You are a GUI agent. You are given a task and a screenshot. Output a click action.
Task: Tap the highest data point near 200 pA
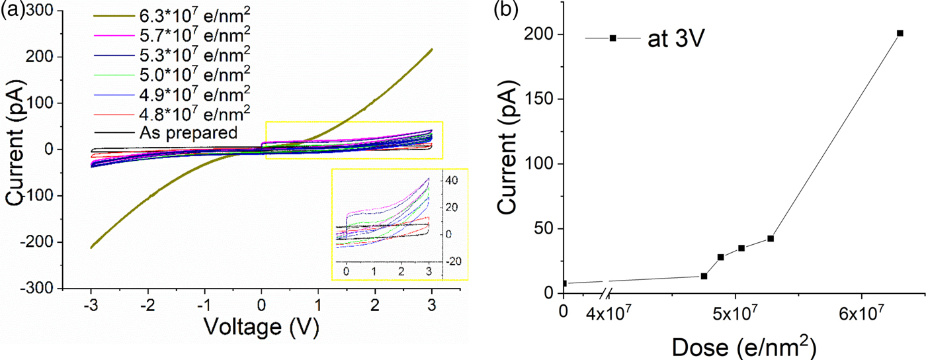coord(900,33)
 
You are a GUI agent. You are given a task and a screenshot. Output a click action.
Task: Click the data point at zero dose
coord(564,283)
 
